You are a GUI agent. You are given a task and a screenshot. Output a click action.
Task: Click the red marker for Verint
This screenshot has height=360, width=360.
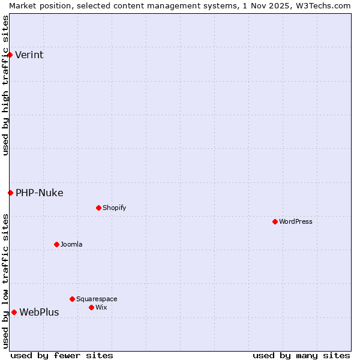coord(10,55)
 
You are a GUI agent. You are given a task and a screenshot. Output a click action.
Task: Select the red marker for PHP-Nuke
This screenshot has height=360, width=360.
coord(10,193)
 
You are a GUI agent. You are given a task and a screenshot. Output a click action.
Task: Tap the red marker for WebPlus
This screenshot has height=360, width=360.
coord(14,312)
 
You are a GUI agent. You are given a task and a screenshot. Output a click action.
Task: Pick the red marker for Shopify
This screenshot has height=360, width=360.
coord(98,208)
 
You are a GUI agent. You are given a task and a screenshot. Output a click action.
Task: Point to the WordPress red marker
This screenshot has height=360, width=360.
coord(275,221)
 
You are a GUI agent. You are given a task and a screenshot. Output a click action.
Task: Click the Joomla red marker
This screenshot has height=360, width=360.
coord(56,244)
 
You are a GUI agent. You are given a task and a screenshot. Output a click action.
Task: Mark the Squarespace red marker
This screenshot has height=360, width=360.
coord(72,299)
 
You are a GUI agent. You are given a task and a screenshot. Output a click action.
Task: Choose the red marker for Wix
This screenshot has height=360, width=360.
coord(91,307)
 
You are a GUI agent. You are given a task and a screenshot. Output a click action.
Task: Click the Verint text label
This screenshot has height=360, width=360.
coord(29,55)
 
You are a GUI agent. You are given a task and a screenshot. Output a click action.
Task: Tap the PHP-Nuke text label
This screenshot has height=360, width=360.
coord(39,193)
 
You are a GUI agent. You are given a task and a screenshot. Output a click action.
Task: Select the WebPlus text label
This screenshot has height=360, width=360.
coord(39,312)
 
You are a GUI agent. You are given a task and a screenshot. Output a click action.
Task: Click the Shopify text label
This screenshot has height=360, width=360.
coord(114,208)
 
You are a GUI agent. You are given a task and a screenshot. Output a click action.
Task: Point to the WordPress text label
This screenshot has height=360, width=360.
coord(295,221)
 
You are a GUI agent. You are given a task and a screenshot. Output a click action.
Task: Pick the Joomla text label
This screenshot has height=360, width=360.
coord(71,244)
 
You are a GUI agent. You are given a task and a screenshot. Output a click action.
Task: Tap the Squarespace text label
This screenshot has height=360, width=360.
coord(97,299)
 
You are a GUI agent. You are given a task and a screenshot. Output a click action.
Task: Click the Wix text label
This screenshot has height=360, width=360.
coord(101,307)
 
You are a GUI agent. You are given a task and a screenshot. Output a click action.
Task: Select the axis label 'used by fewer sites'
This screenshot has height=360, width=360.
coord(62,355)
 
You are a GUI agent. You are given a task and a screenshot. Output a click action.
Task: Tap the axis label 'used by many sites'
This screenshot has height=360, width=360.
coord(301,355)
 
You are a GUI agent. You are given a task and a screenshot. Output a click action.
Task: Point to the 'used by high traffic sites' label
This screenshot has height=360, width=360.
coord(5,85)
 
